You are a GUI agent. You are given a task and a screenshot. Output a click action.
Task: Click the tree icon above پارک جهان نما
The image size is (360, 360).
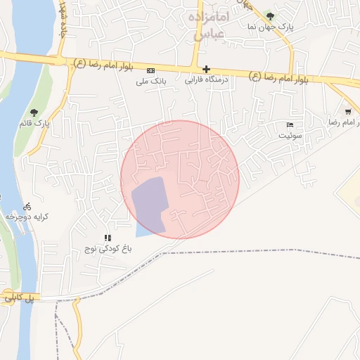point(271,16)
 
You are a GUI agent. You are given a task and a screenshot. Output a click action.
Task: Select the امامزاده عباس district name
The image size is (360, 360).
point(207,25)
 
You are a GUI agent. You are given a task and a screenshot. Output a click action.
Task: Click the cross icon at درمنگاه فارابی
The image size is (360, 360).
point(206,70)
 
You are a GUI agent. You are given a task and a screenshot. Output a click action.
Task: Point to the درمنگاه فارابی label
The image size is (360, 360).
point(205,81)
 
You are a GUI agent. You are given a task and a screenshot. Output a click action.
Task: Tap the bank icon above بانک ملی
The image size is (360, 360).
point(150,70)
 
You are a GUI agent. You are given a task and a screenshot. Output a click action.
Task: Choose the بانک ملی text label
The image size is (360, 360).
point(150,81)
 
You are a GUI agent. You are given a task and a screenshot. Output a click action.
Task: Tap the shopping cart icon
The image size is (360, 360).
point(348,112)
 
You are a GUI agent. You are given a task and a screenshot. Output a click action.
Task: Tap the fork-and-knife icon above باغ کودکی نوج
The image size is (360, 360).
point(108,238)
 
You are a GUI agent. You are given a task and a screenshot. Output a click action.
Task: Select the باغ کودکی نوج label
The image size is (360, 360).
point(105,250)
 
